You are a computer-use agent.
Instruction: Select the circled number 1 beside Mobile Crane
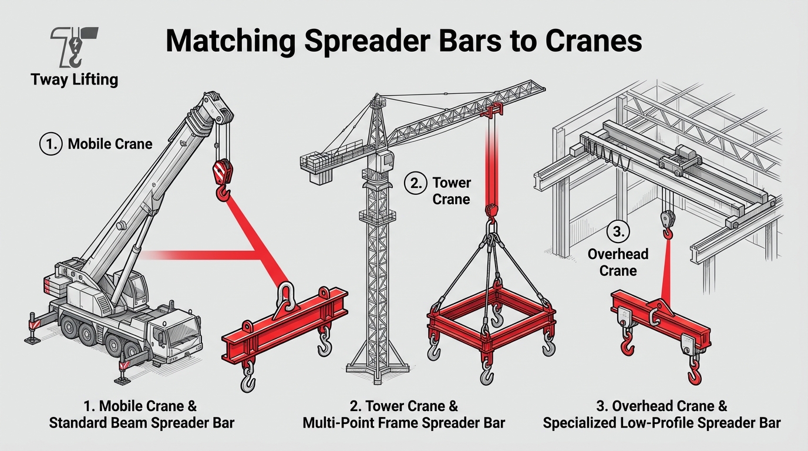(x=51, y=144)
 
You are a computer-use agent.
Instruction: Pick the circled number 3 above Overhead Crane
(x=618, y=232)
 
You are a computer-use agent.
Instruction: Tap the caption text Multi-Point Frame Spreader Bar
(x=403, y=423)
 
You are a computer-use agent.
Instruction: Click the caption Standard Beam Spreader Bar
(x=142, y=423)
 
